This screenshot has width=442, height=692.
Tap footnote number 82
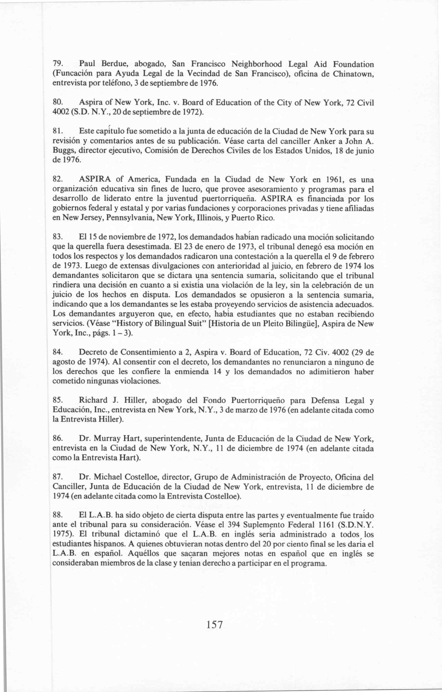click(x=56, y=180)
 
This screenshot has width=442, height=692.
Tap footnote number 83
click(x=56, y=238)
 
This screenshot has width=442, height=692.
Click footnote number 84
click(x=56, y=352)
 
